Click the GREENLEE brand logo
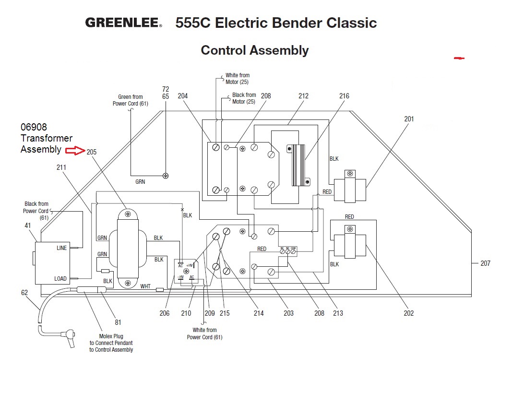pos(123,23)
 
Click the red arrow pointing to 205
pos(75,151)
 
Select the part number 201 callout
pos(409,119)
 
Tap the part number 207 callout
pos(485,263)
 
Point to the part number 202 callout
pos(409,313)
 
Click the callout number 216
pos(344,96)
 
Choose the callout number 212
pos(303,96)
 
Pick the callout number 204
pos(183,96)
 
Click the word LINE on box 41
pos(62,248)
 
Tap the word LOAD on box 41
pos(61,279)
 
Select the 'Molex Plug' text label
pos(111,336)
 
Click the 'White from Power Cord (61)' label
pos(205,333)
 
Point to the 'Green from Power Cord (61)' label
pos(128,100)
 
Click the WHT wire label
pos(145,286)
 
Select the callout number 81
pos(118,322)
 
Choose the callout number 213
pos(338,313)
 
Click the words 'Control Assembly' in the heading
pos(254,50)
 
